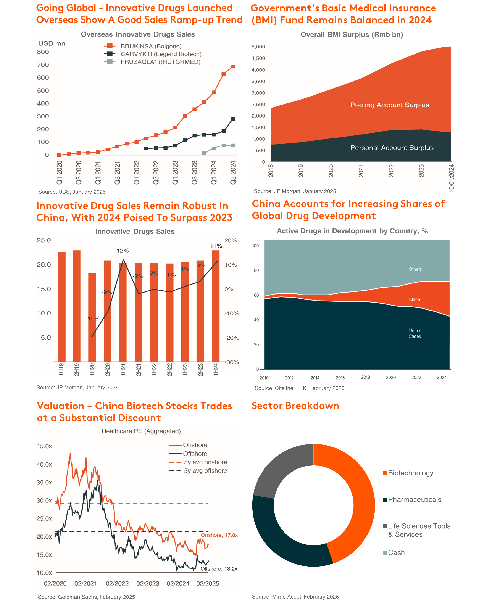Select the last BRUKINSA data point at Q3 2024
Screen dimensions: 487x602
point(233,67)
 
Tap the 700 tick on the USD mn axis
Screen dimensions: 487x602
point(43,65)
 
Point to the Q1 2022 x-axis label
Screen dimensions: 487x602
point(137,172)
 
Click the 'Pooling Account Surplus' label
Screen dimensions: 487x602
point(390,105)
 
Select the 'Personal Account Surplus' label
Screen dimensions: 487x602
point(392,148)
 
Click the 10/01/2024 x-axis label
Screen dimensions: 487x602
point(451,178)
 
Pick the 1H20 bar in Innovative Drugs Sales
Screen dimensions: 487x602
point(92,317)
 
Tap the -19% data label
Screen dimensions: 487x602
point(93,319)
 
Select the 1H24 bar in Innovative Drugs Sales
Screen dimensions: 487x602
point(216,306)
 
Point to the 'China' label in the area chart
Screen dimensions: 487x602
point(414,299)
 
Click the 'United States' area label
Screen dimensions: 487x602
point(415,333)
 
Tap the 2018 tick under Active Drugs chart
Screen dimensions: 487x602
point(366,377)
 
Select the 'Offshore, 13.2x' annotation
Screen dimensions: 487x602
point(219,569)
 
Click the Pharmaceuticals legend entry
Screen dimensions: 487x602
point(412,499)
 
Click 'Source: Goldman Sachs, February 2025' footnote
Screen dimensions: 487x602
point(86,597)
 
